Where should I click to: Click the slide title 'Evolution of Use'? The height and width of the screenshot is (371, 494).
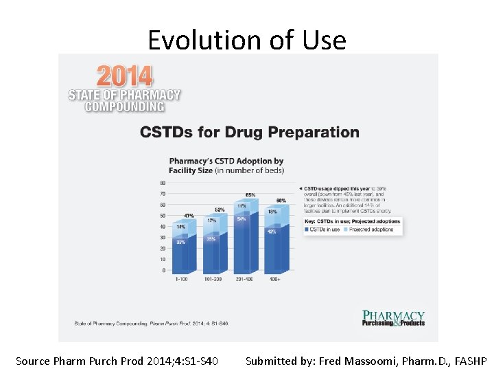click(247, 40)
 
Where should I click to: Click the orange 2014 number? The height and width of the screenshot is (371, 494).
click(125, 76)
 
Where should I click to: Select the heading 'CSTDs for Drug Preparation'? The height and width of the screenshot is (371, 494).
click(250, 132)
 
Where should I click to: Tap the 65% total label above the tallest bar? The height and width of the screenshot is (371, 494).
click(250, 195)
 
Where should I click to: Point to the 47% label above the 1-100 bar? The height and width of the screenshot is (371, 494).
click(189, 216)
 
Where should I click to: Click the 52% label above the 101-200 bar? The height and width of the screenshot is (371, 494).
click(220, 210)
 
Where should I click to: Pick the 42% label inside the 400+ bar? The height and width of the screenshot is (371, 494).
click(272, 232)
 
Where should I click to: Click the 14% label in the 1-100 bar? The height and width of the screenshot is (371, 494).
click(180, 227)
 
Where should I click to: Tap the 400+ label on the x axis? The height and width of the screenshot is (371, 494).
click(274, 279)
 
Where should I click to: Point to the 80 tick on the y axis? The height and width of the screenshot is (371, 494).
click(163, 183)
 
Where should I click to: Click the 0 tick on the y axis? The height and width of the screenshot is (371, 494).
click(163, 270)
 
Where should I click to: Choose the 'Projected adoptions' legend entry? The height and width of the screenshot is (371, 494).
click(373, 229)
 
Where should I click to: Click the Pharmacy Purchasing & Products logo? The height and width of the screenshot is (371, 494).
click(393, 318)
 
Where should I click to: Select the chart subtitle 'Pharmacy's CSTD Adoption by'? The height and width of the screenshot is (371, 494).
click(226, 161)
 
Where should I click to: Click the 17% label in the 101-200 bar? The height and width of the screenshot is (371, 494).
click(212, 221)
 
